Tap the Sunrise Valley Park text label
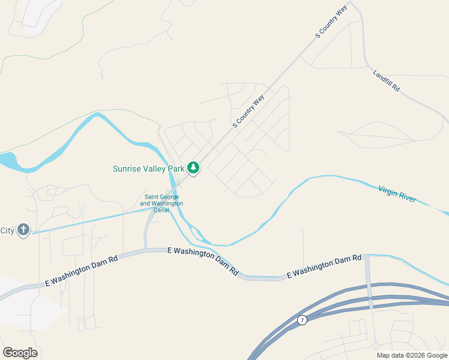click(149, 169)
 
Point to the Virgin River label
click(397, 194)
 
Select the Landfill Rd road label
click(386, 80)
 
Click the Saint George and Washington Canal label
click(161, 203)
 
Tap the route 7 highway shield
click(303, 320)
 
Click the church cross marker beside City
click(23, 230)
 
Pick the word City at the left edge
click(7, 230)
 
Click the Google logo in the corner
click(20, 353)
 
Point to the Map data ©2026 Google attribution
click(412, 355)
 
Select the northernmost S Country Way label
click(331, 23)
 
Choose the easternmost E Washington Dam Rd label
click(324, 266)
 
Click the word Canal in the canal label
click(161, 210)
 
